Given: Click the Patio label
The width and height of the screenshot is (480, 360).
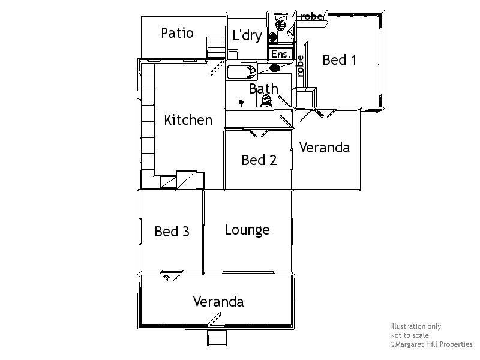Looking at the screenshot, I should coord(177,33).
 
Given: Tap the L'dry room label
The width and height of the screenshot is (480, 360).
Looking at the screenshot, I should coord(247,36).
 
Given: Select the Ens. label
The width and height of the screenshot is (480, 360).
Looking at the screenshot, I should coord(281,55).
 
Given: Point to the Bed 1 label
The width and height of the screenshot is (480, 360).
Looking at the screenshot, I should coord(340,60).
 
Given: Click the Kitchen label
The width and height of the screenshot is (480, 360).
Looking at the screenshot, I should coord(188,120).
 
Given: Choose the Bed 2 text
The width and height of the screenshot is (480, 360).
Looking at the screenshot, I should coord(259,160).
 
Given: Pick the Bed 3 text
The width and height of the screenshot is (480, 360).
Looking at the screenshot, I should coord(172,232).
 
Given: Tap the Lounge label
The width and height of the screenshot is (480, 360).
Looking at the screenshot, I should coord(247,230).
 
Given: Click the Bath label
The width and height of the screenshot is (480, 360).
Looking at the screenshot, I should coord(263,89).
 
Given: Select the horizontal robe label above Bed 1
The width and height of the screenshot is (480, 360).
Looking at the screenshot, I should coord(311,16).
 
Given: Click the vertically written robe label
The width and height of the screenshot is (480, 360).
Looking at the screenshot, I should coord(300,65).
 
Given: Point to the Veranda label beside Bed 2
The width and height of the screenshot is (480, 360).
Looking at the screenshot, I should coord(324,148).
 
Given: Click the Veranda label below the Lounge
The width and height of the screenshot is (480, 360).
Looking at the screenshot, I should coord(218,302).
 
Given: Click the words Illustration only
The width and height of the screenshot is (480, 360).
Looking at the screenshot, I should coord(415,327).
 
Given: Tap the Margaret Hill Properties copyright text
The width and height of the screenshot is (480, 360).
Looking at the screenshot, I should coord(431,345).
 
